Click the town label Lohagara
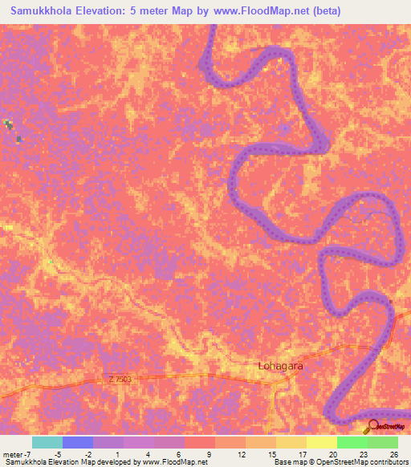click(x=279, y=366)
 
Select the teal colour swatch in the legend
click(x=47, y=442)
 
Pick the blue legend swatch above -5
click(x=78, y=442)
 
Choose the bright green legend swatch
click(x=352, y=442)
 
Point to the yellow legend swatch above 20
click(x=321, y=442)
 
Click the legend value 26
click(x=393, y=453)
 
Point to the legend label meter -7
click(x=16, y=453)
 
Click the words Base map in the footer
click(x=287, y=462)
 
